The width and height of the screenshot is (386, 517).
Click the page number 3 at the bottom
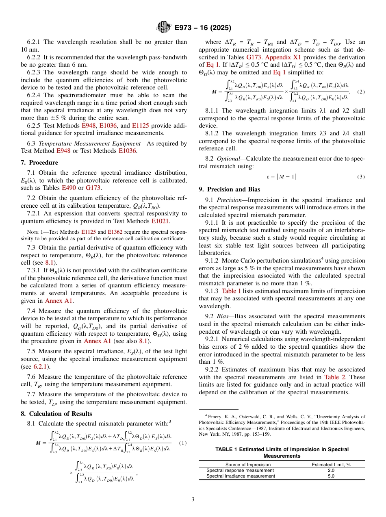(193, 500)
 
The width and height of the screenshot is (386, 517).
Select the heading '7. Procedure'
(39, 163)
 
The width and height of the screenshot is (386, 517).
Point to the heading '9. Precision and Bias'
(230, 189)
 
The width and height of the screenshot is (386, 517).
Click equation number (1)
(183, 443)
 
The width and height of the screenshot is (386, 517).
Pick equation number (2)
(361, 92)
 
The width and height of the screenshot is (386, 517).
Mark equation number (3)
(361, 177)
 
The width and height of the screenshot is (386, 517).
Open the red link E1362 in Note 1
(115, 232)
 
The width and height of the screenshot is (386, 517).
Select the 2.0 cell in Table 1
(331, 470)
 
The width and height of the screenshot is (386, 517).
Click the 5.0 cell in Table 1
(331, 476)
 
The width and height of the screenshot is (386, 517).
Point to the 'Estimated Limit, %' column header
(331, 464)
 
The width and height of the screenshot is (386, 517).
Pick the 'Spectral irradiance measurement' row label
(241, 476)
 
